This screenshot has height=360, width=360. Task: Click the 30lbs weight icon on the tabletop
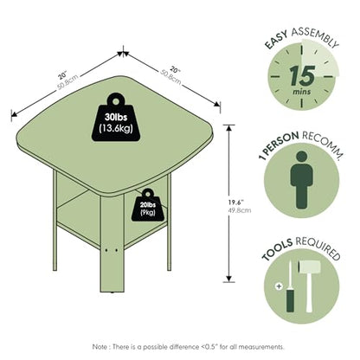(x=116, y=119)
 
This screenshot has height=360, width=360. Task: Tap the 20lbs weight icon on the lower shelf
(x=148, y=206)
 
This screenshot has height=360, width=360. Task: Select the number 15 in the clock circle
(x=302, y=76)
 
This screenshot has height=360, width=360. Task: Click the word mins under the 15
(x=302, y=92)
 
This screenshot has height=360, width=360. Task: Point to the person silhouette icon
(x=301, y=180)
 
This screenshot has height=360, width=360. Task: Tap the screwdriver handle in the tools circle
(x=290, y=301)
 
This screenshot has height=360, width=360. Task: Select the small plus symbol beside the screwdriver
(x=279, y=286)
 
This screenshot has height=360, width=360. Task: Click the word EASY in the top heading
(x=276, y=40)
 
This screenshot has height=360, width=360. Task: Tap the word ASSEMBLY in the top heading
(x=315, y=37)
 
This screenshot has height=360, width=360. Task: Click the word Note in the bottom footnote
(x=100, y=347)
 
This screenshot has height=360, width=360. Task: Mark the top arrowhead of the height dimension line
(x=229, y=129)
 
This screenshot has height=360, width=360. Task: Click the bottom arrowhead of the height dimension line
(x=229, y=279)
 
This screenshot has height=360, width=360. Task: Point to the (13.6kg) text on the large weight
(x=116, y=128)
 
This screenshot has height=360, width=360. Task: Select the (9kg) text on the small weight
(x=148, y=213)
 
